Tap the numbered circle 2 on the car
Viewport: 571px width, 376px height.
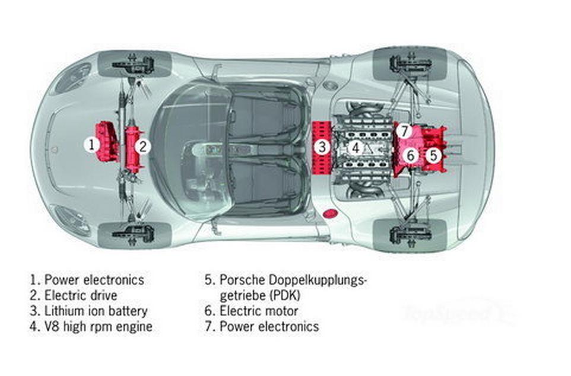(143, 146)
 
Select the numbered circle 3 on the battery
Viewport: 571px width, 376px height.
(321, 146)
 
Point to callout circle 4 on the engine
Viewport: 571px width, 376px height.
(356, 148)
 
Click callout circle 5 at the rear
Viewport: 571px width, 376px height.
(434, 155)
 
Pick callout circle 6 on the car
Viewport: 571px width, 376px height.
(410, 156)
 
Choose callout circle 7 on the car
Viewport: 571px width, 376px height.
(403, 130)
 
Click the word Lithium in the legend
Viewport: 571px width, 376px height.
(64, 311)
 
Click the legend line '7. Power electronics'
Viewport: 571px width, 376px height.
(262, 326)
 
